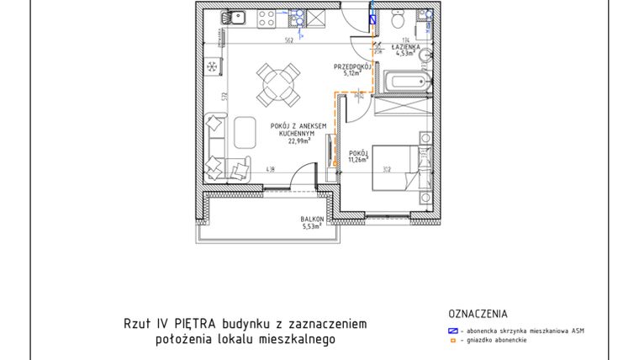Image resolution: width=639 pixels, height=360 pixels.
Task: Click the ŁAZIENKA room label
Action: [409, 48]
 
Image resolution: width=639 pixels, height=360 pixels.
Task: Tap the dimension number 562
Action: [288, 39]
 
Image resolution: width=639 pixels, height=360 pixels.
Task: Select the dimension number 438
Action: [272, 170]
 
